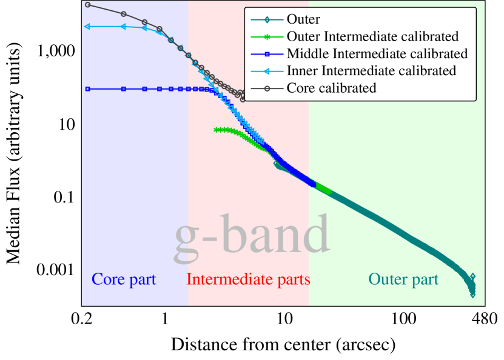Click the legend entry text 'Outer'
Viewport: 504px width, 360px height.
click(303, 20)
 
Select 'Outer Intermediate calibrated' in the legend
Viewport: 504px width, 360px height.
click(372, 37)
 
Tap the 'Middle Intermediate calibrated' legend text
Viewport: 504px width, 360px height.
click(377, 54)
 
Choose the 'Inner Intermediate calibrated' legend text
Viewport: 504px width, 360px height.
click(371, 71)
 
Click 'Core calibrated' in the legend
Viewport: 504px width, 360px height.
click(331, 88)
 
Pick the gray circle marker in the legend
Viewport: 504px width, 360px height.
click(266, 88)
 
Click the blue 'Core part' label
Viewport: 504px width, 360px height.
click(124, 279)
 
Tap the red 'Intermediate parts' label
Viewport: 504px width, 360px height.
click(248, 279)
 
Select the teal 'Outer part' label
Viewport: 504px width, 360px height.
click(403, 279)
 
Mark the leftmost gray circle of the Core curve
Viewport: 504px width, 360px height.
click(88, 5)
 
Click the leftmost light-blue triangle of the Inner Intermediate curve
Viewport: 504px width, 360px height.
click(88, 27)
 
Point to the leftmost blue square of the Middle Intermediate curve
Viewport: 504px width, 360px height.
click(88, 89)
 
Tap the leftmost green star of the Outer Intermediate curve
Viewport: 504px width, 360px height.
click(216, 130)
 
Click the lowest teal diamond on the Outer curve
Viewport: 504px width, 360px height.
click(472, 295)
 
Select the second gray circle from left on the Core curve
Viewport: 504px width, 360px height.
click(124, 14)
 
